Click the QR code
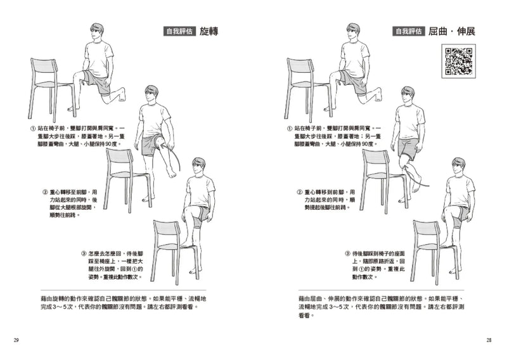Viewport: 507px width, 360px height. tap(459, 61)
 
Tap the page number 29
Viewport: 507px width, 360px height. tap(16, 340)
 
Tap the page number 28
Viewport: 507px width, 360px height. tap(489, 340)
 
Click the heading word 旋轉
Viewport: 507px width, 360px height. tap(209, 31)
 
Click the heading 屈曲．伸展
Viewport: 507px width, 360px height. tap(451, 31)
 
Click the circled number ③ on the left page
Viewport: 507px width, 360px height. tap(84, 253)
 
